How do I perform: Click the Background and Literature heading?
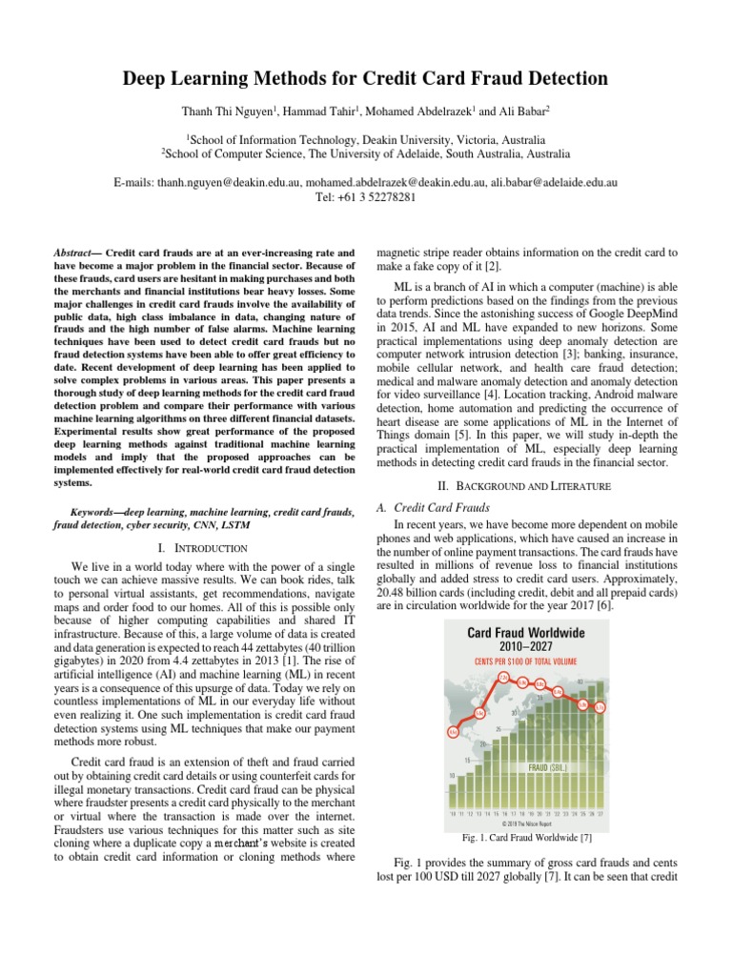528,485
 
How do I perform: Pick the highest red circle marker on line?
503,678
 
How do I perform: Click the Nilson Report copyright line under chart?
526,823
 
